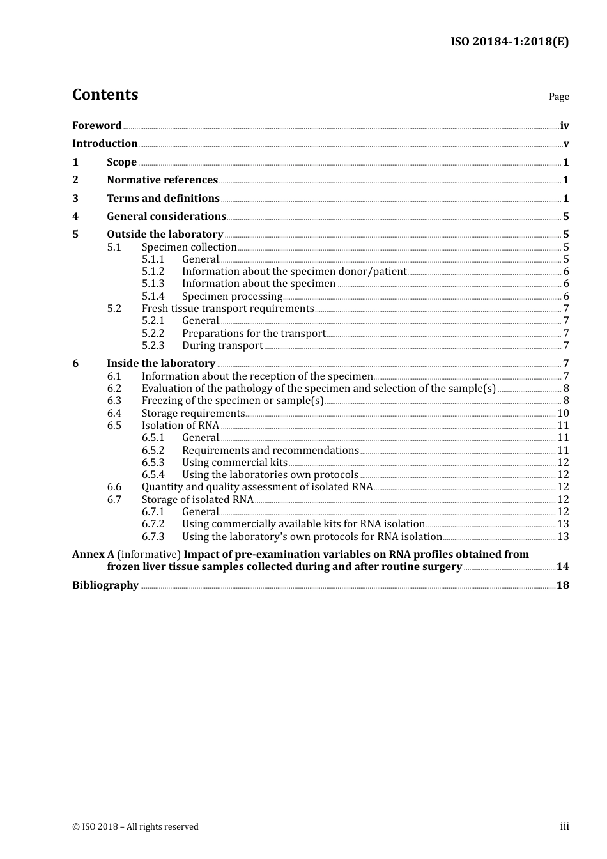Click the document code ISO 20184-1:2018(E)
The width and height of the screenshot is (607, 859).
(x=509, y=42)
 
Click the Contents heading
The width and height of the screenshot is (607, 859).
(x=105, y=95)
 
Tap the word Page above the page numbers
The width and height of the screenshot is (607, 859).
(x=558, y=97)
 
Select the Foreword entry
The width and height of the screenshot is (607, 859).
(x=96, y=126)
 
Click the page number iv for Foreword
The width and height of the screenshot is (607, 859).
(x=564, y=126)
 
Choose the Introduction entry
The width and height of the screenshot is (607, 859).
(x=105, y=144)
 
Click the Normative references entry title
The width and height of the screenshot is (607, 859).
(x=162, y=180)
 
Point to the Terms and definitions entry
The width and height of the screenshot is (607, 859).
(x=163, y=199)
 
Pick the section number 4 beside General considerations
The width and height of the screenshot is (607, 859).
(x=75, y=217)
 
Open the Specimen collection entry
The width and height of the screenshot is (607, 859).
(x=189, y=247)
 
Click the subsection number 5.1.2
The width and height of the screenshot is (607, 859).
(x=153, y=272)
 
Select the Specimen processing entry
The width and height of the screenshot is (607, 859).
(x=232, y=297)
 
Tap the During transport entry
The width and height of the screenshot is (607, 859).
(x=222, y=346)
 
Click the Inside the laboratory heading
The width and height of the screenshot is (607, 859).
(x=161, y=364)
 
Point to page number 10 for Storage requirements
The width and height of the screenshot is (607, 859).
(x=563, y=414)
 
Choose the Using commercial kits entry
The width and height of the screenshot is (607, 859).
(x=234, y=463)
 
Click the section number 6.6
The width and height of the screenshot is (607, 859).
(x=114, y=487)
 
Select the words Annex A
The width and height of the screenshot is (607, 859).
(x=93, y=555)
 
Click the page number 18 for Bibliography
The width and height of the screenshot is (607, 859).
(x=562, y=585)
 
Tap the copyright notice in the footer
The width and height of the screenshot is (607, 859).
(x=135, y=827)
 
